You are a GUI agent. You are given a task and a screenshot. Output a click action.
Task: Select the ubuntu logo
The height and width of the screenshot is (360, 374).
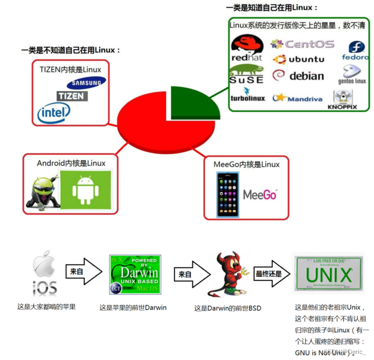click(299, 59)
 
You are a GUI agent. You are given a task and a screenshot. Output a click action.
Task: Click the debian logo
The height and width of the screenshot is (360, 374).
click(299, 76)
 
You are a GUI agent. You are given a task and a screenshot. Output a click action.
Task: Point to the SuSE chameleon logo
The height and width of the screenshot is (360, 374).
click(246, 74)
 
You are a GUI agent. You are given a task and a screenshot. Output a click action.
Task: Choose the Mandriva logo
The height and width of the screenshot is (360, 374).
click(298, 98)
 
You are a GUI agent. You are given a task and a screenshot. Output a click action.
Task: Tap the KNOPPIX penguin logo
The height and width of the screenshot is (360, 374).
click(342, 99)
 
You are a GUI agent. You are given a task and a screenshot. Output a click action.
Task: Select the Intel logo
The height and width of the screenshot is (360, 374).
click(53, 113)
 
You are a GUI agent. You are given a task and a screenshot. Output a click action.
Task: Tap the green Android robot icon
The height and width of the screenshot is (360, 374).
click(85, 190)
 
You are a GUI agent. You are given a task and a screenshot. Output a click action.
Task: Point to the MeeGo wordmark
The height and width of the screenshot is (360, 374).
click(260, 195)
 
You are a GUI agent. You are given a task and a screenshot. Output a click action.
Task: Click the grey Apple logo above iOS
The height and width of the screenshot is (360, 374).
click(45, 265)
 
